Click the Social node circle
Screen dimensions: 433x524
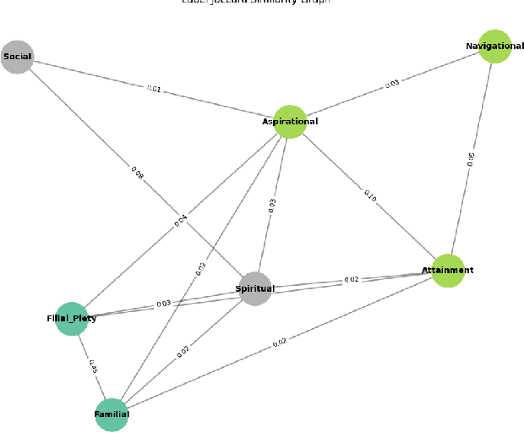[17, 57]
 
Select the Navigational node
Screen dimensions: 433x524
[495, 46]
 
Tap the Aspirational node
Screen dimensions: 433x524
[290, 122]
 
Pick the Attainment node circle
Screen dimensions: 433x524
[448, 271]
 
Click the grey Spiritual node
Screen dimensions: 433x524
[255, 288]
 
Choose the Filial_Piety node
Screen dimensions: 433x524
[72, 319]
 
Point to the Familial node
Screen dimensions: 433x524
[112, 414]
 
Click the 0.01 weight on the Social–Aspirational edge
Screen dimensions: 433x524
[153, 88]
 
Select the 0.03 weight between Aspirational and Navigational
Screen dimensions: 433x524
[392, 83]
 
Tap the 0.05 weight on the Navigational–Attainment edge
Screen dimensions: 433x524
[472, 158]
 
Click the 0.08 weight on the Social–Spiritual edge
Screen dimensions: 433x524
[137, 173]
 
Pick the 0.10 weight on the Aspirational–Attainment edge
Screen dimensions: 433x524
[369, 196]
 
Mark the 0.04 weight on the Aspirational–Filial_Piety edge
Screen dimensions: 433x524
[181, 220]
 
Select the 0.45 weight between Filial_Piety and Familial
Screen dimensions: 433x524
[92, 367]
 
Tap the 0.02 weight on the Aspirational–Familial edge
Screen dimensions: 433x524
[201, 268]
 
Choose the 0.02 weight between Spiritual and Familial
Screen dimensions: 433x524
[183, 351]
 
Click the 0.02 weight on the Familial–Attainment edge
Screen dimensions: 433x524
[280, 343]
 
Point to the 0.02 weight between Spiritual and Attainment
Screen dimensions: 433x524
[351, 279]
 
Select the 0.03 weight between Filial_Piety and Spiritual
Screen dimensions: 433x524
[163, 303]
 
